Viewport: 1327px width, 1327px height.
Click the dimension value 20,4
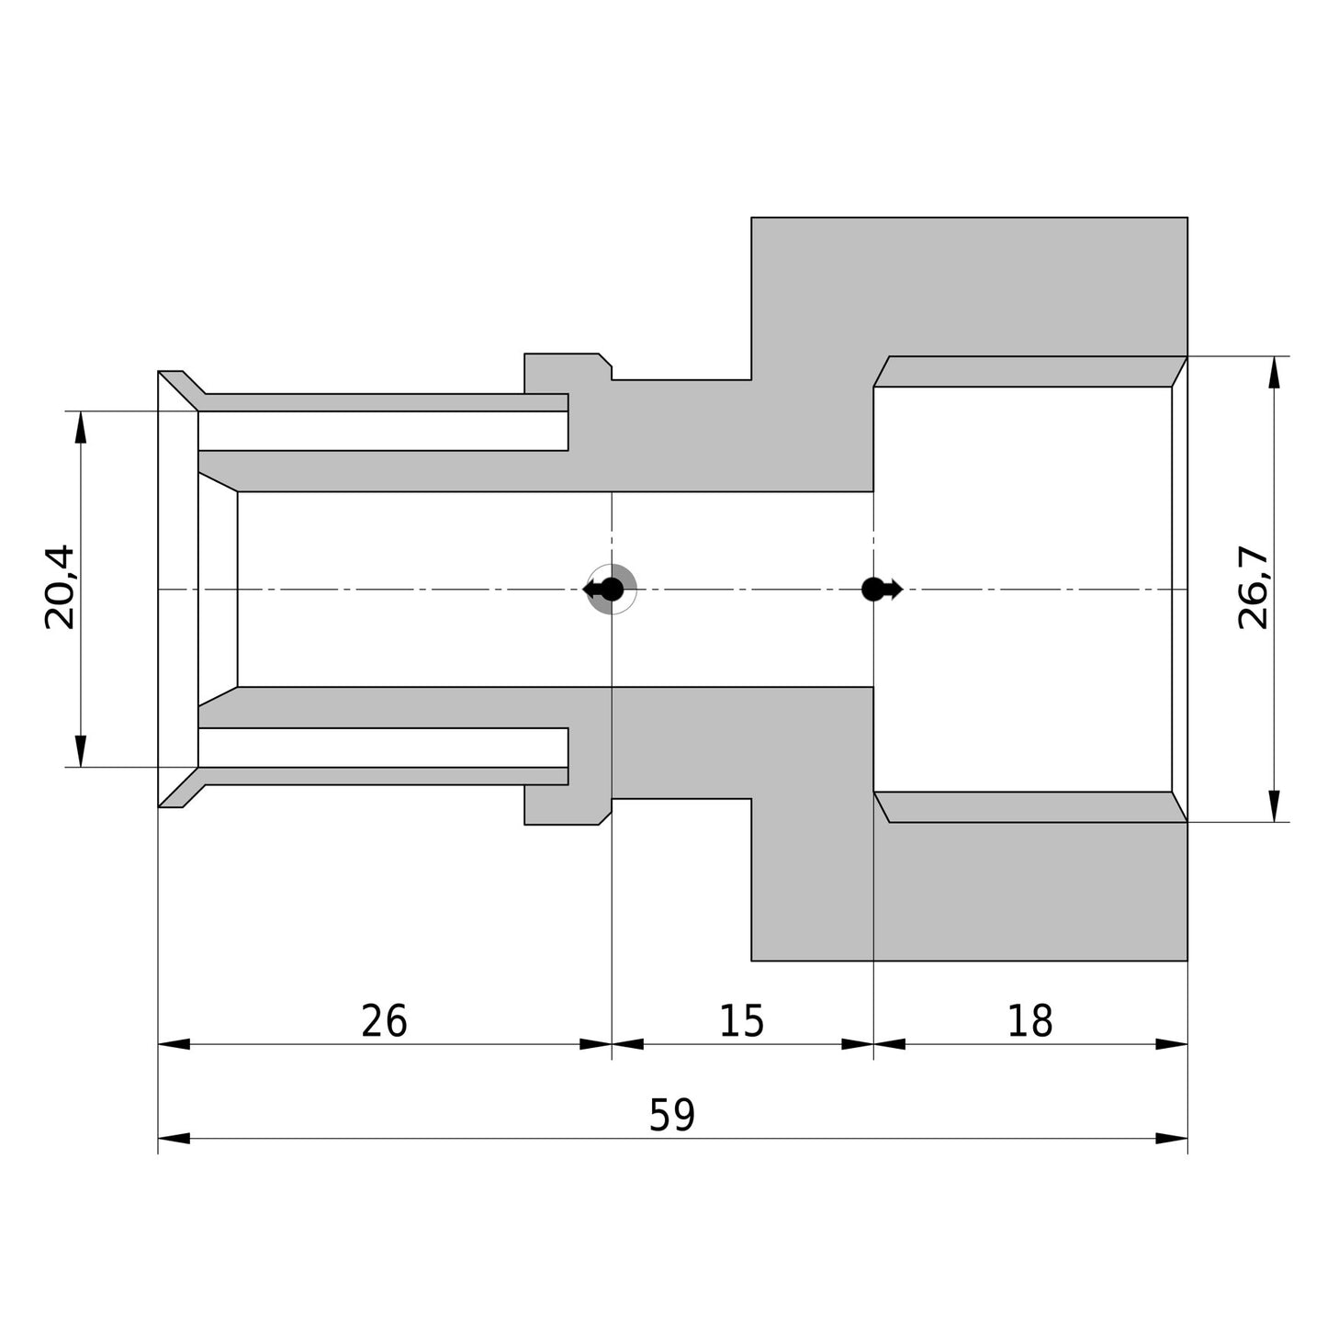pyautogui.click(x=60, y=588)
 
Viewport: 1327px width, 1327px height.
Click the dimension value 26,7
pyautogui.click(x=1254, y=588)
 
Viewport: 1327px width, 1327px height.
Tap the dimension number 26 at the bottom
pyautogui.click(x=384, y=1020)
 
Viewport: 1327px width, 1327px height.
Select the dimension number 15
pyautogui.click(x=742, y=1020)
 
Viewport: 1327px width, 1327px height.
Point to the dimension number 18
pyautogui.click(x=1030, y=1020)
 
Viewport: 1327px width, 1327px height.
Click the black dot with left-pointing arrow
pyautogui.click(x=604, y=590)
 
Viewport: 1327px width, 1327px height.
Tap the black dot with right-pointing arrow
pyautogui.click(x=882, y=590)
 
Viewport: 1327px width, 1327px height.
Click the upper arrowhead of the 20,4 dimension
pyautogui.click(x=81, y=427)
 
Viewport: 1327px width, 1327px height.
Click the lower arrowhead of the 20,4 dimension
pyautogui.click(x=81, y=751)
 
